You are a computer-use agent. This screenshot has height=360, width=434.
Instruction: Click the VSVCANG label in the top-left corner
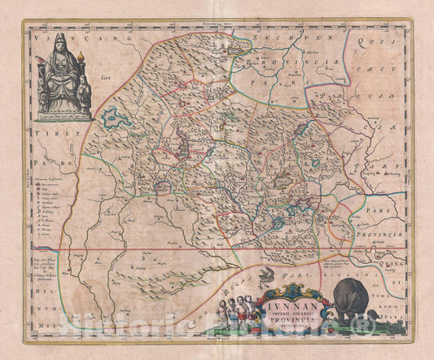[49, 36]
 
